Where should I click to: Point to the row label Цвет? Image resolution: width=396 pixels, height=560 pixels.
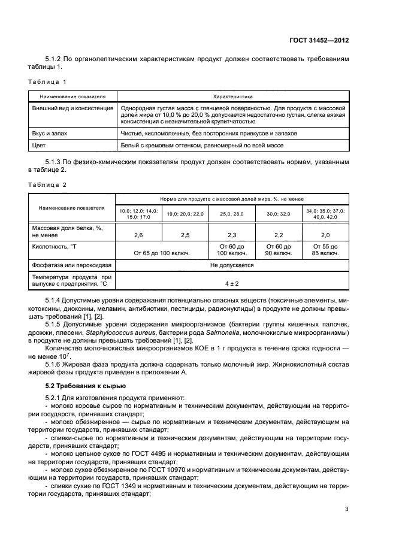coord(40,146)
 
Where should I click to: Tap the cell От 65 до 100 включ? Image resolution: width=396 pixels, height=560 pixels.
coord(161,253)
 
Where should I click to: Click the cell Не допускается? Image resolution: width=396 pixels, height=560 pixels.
coord(232,265)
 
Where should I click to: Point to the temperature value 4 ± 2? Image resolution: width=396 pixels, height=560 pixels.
coord(232,283)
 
